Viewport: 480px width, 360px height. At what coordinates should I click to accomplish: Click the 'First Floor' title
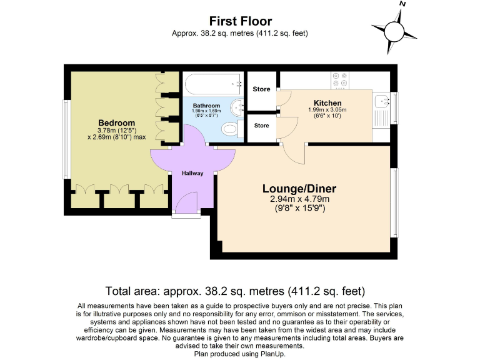[240, 21]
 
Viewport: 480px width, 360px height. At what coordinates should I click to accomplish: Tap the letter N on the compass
[402, 5]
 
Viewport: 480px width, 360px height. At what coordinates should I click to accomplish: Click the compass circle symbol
[394, 30]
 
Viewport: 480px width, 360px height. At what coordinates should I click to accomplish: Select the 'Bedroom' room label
[116, 122]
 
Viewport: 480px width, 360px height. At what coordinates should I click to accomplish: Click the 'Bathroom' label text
[206, 106]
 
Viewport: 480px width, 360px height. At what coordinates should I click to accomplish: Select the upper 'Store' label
[261, 89]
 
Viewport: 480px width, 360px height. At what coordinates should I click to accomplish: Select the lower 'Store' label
[261, 126]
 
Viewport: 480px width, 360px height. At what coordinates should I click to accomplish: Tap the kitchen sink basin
[381, 102]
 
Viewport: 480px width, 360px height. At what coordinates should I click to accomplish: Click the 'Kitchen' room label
[327, 103]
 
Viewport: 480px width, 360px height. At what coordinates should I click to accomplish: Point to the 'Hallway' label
[192, 173]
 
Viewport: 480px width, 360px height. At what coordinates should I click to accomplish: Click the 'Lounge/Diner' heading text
[299, 189]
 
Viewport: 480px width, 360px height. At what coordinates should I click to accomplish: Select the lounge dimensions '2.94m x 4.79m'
[299, 199]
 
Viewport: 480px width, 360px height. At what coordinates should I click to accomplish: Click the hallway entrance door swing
[187, 201]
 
